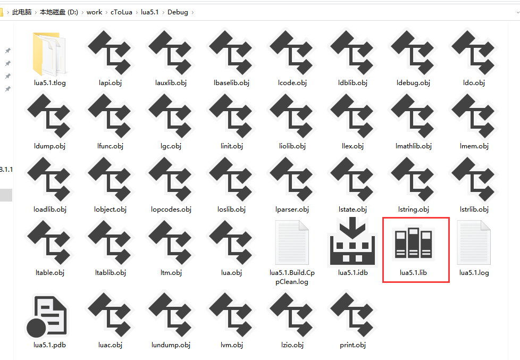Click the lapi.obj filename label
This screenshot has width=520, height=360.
[x=110, y=83]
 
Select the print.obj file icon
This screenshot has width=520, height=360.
[x=353, y=316]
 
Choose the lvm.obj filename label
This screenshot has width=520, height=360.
[x=231, y=345]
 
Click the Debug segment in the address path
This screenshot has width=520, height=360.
[x=178, y=12]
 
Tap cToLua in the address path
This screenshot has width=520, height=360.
[x=121, y=12]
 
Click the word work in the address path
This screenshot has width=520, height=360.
[x=94, y=12]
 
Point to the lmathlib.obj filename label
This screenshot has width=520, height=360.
[x=413, y=146]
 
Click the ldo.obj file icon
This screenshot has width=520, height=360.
[x=474, y=53]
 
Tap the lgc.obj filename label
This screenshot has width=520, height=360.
[x=171, y=146]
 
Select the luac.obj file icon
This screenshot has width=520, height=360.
[x=110, y=316]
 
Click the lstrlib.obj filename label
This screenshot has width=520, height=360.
[x=474, y=210]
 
